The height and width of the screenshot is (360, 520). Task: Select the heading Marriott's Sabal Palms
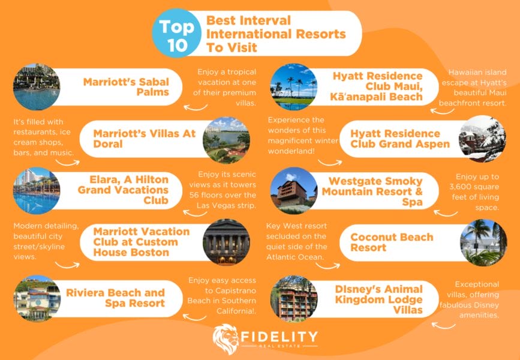[126, 87]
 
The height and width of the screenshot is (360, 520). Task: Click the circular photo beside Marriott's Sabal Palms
[36, 86]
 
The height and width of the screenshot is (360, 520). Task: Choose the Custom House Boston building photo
[226, 242]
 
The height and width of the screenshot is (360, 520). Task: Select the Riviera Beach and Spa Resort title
[124, 298]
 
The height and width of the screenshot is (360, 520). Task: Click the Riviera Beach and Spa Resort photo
[36, 298]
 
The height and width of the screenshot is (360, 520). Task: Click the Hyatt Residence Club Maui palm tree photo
[293, 87]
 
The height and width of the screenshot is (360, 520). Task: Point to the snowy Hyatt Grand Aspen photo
[482, 139]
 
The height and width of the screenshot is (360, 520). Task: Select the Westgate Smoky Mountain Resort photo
[293, 191]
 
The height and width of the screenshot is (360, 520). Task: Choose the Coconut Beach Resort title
[391, 242]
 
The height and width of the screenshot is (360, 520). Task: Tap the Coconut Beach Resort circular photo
[483, 242]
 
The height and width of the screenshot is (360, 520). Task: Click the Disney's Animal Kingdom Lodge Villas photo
[293, 298]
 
